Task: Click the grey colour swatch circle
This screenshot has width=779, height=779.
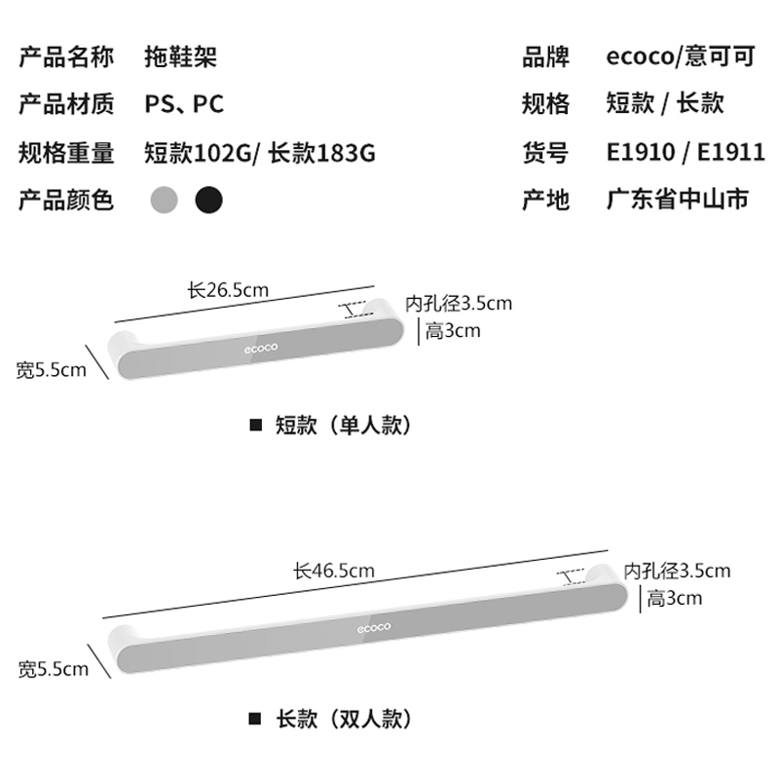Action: pyautogui.click(x=166, y=201)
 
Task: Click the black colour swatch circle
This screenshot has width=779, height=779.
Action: pyautogui.click(x=208, y=201)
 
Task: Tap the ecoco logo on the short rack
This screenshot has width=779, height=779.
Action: pyautogui.click(x=261, y=347)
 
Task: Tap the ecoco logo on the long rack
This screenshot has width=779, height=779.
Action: pyautogui.click(x=373, y=626)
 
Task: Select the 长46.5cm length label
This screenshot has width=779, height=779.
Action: pyautogui.click(x=334, y=571)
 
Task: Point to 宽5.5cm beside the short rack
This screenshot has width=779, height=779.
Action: pyautogui.click(x=51, y=370)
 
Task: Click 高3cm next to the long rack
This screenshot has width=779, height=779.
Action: pyautogui.click(x=674, y=598)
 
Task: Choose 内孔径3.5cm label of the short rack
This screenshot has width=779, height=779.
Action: pyautogui.click(x=458, y=304)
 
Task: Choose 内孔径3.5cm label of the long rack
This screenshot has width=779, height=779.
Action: pyautogui.click(x=677, y=571)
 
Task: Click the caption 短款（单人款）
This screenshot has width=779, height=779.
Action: pyautogui.click(x=344, y=426)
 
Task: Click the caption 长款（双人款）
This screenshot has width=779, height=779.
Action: pyautogui.click(x=344, y=720)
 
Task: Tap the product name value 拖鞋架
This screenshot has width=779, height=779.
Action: pyautogui.click(x=180, y=56)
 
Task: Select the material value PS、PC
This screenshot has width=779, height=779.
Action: pyautogui.click(x=184, y=104)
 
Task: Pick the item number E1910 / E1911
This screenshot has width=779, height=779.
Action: pyautogui.click(x=685, y=153)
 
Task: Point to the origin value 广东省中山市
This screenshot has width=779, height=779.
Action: pyautogui.click(x=677, y=201)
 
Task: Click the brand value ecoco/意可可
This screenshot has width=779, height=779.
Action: pyautogui.click(x=680, y=56)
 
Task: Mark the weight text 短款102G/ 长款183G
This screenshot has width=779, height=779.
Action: pyautogui.click(x=259, y=153)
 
